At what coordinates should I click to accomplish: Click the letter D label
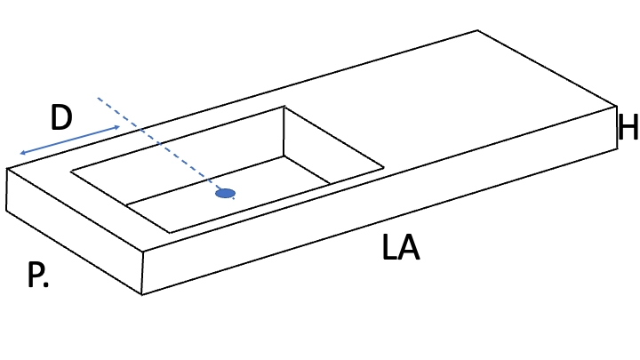[61, 117]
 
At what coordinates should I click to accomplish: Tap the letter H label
[628, 127]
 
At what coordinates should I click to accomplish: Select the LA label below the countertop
[400, 247]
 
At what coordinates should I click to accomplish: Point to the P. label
[37, 275]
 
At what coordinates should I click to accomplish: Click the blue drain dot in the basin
[225, 193]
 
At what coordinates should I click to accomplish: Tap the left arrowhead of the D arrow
[22, 153]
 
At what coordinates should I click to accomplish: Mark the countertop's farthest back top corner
[477, 30]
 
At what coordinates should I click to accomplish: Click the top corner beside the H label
[616, 106]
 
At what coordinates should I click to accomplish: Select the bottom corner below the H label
[617, 149]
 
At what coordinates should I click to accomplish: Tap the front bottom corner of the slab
[141, 294]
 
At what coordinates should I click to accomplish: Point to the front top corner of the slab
[143, 252]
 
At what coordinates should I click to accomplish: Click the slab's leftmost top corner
[7, 168]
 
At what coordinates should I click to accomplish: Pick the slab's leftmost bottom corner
[6, 211]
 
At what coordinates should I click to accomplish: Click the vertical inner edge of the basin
[284, 132]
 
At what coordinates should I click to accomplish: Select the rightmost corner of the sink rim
[384, 167]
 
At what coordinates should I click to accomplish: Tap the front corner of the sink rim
[170, 233]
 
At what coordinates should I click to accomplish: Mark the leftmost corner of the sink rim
[71, 172]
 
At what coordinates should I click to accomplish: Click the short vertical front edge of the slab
[142, 273]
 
